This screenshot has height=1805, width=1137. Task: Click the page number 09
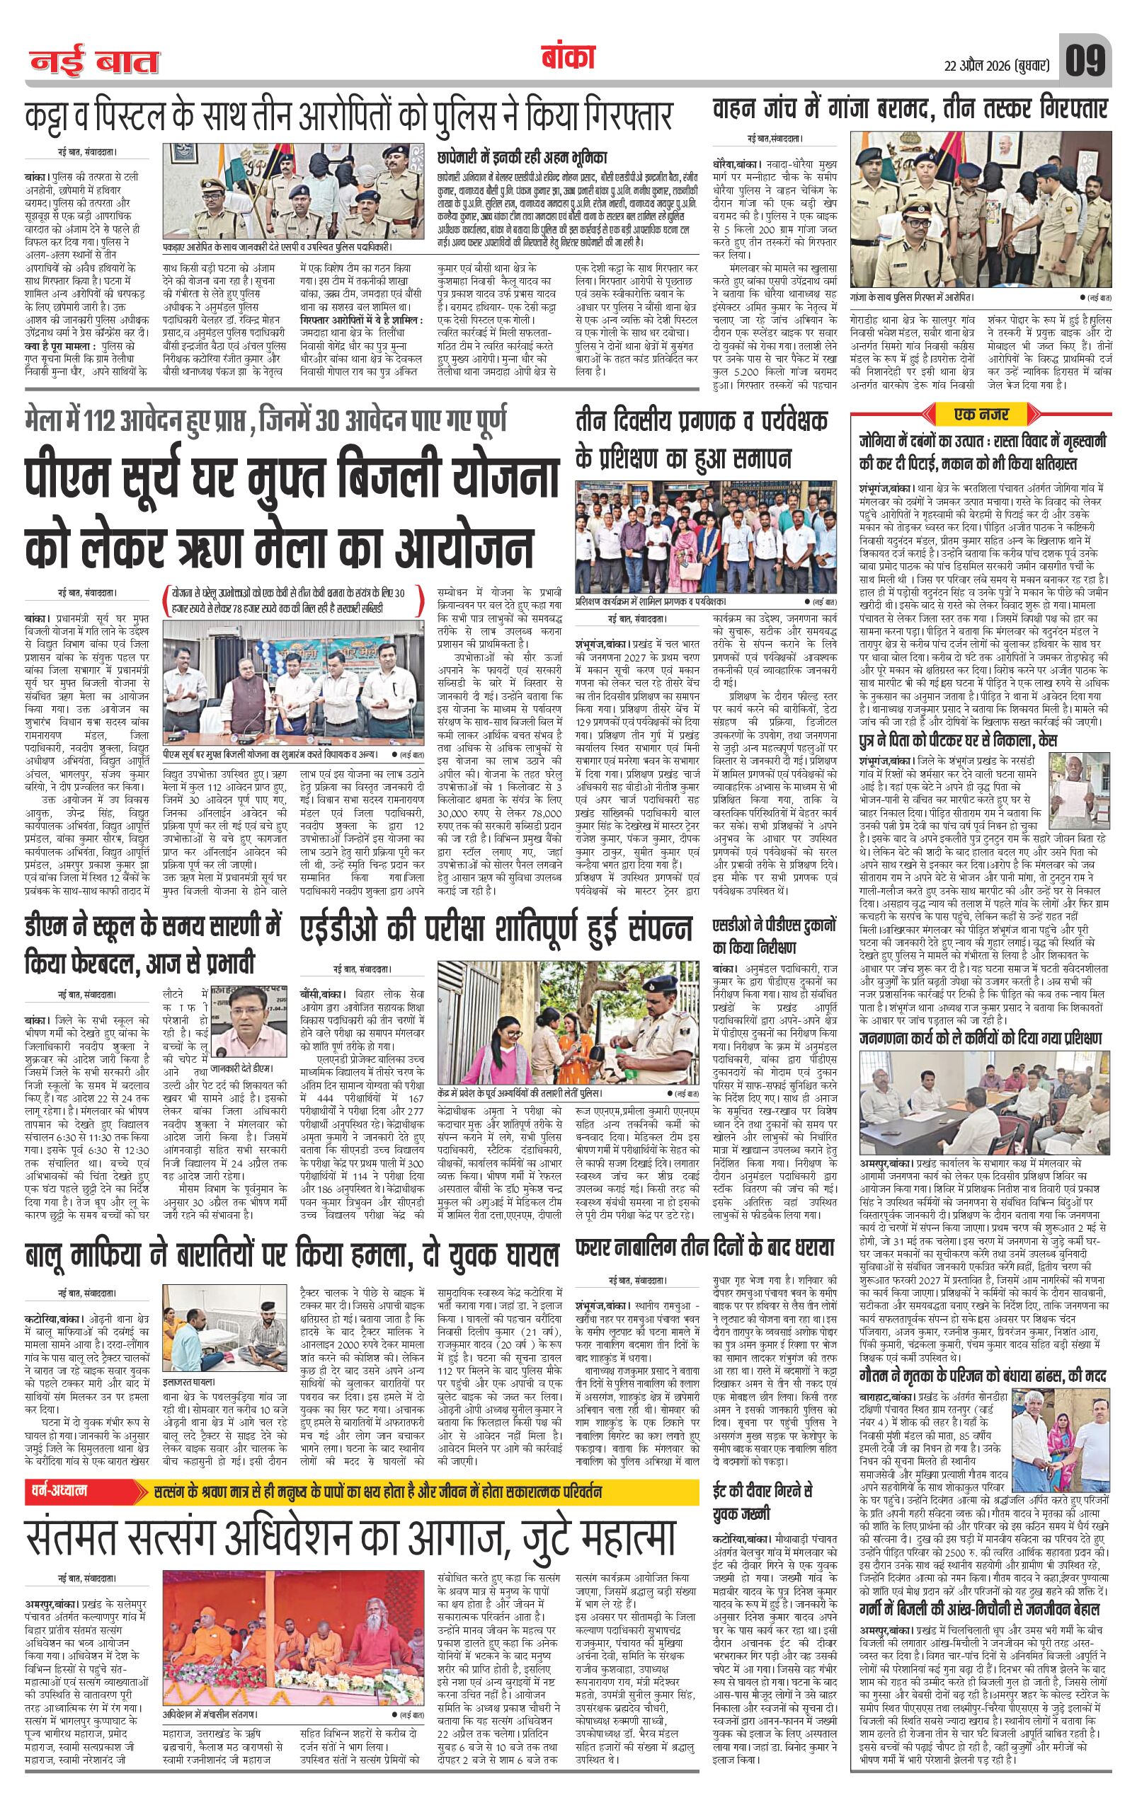coord(1085,59)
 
